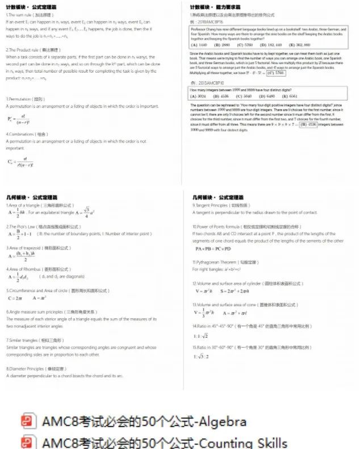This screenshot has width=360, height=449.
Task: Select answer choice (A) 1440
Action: tap(199, 44)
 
